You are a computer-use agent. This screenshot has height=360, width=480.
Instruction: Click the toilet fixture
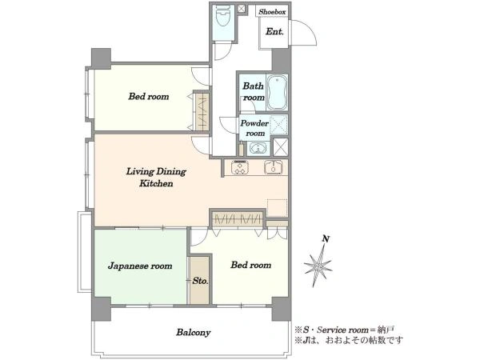point(223,18)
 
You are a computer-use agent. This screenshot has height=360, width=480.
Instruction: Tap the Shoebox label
point(272,12)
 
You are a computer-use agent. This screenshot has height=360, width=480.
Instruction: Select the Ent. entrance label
point(274,31)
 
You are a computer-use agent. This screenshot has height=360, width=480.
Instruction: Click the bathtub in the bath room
point(278,92)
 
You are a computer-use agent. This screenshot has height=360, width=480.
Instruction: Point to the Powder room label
point(254,128)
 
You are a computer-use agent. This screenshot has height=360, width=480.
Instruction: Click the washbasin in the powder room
point(258,149)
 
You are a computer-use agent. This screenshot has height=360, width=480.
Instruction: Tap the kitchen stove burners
point(240,167)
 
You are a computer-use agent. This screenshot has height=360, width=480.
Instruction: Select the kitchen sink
point(274,167)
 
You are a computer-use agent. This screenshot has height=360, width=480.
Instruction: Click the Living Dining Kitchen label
point(156,178)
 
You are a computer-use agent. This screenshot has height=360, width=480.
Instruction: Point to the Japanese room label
point(140,266)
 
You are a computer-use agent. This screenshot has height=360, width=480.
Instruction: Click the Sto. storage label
point(200,281)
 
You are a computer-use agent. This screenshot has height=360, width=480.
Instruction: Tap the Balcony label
point(193,333)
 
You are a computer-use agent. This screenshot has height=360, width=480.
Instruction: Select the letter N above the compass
point(326,238)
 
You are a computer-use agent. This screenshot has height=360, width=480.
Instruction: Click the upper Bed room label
point(149,97)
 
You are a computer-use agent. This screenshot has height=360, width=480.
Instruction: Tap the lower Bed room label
point(251,265)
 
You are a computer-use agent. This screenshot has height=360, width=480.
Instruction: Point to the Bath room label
point(254,91)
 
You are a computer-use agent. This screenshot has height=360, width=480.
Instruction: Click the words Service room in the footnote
point(342,330)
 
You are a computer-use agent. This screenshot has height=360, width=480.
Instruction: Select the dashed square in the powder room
point(279,125)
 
